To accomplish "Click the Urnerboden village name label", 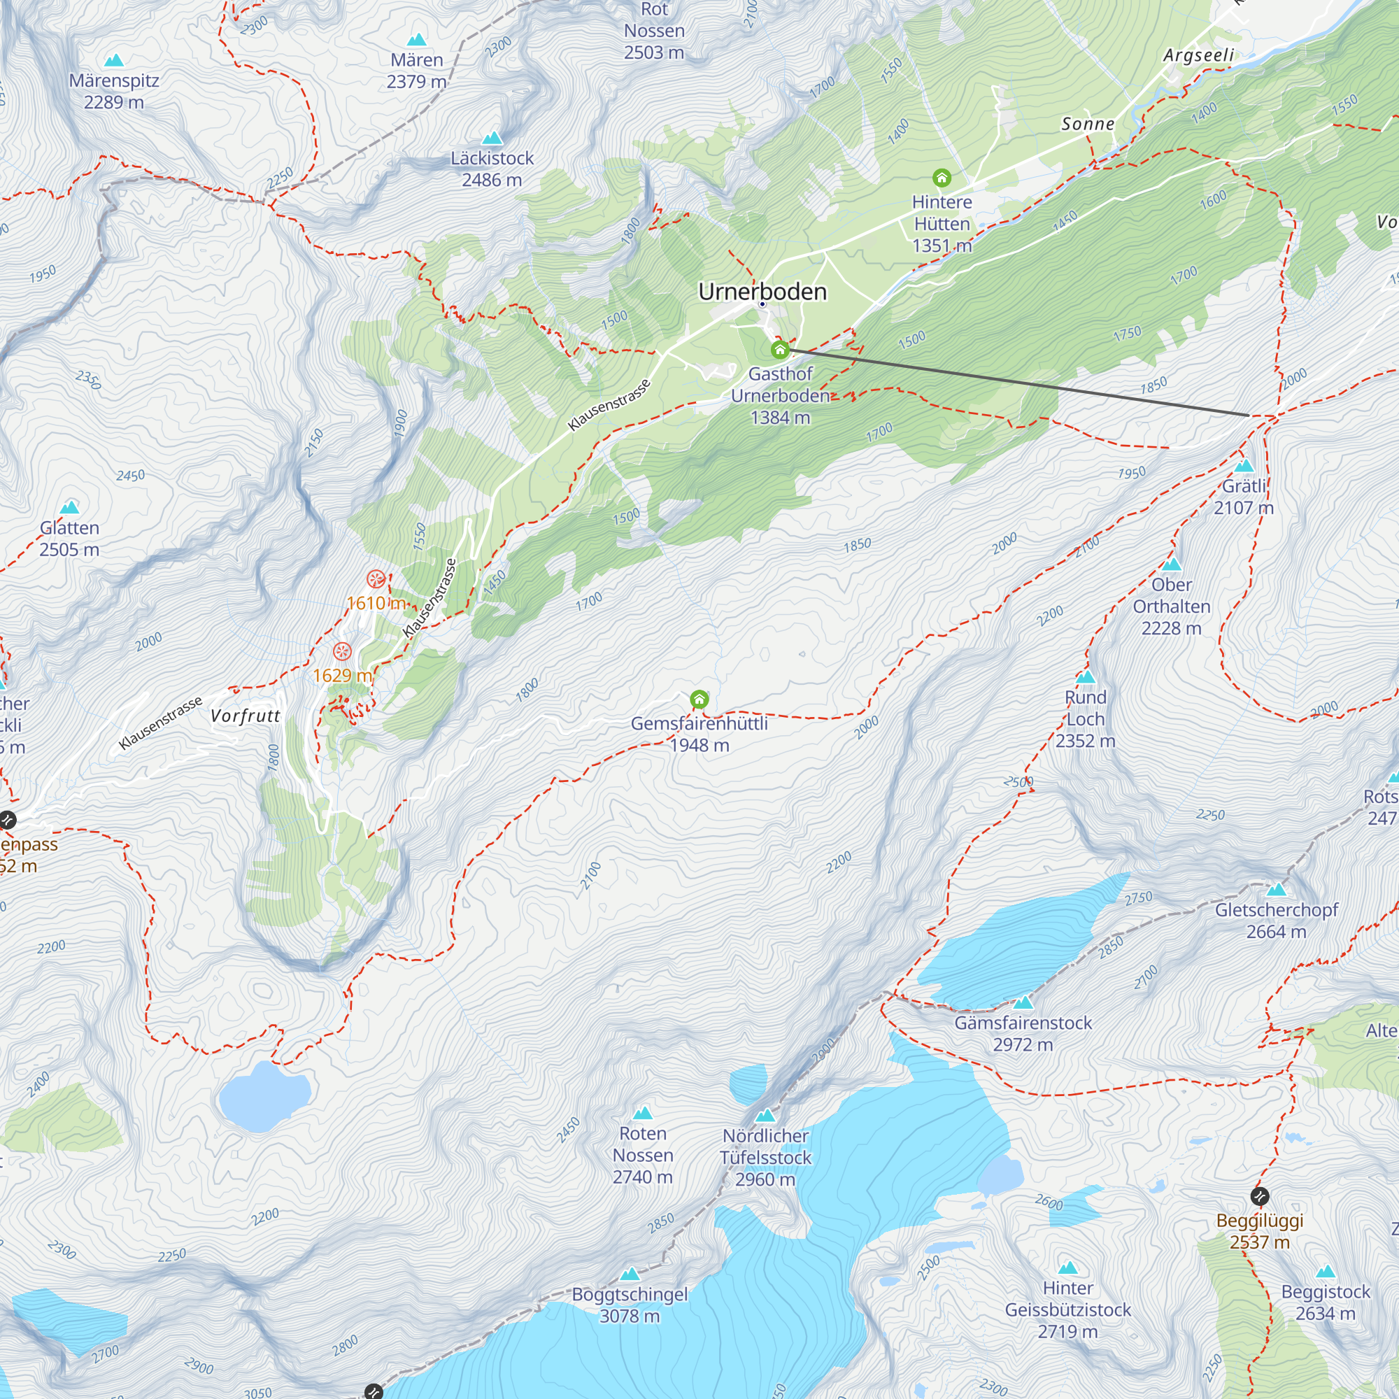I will pyautogui.click(x=762, y=292).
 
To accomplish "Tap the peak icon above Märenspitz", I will pyautogui.click(x=114, y=60).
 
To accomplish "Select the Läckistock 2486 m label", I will pyautogui.click(x=492, y=169).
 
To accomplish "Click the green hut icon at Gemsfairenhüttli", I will pyautogui.click(x=699, y=699).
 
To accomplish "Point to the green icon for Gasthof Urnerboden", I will pyautogui.click(x=780, y=350).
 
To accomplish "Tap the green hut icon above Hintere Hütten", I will pyautogui.click(x=942, y=178).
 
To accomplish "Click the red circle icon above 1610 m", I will pyautogui.click(x=375, y=578).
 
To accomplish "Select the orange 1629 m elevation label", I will pyautogui.click(x=342, y=676).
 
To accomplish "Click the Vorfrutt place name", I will pyautogui.click(x=245, y=716).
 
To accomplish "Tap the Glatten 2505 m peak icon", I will pyautogui.click(x=69, y=507).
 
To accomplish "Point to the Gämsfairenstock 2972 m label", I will pyautogui.click(x=1023, y=1033).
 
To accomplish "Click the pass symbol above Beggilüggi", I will pyautogui.click(x=1259, y=1195).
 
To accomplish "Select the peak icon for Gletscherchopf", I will pyautogui.click(x=1277, y=889).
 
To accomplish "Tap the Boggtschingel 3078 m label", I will pyautogui.click(x=630, y=1305).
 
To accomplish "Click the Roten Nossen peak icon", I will pyautogui.click(x=642, y=1113).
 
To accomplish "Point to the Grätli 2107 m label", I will pyautogui.click(x=1243, y=497).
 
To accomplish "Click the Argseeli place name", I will pyautogui.click(x=1198, y=56).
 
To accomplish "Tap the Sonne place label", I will pyautogui.click(x=1088, y=124).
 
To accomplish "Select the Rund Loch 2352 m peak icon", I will pyautogui.click(x=1085, y=678).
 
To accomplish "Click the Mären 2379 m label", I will pyautogui.click(x=416, y=70).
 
